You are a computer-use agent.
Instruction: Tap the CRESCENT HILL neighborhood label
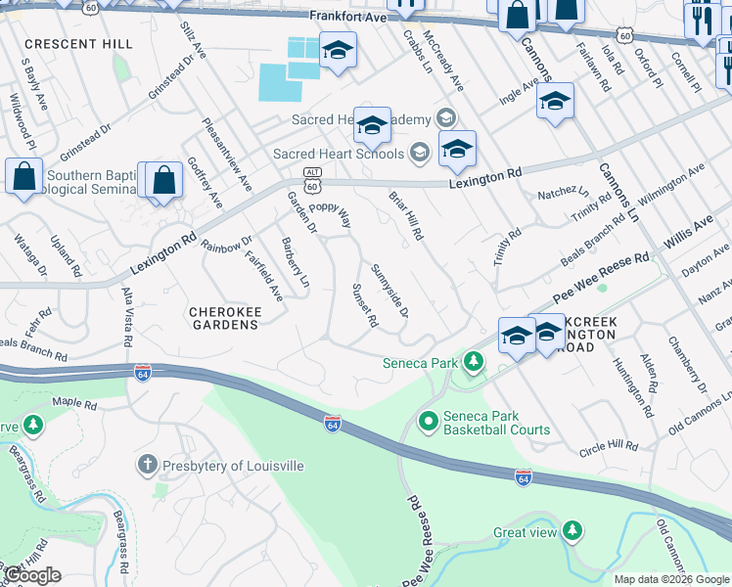click(78, 44)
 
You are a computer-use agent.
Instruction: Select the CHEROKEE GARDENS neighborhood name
click(224, 318)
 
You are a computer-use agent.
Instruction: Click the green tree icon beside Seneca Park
click(475, 363)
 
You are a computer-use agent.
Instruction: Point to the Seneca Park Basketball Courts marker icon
click(428, 422)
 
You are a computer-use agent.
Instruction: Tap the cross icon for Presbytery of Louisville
click(147, 465)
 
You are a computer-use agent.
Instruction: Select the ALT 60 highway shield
click(312, 178)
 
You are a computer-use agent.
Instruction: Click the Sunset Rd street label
click(364, 306)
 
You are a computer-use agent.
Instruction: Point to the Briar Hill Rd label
click(405, 215)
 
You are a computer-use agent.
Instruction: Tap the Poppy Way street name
click(330, 216)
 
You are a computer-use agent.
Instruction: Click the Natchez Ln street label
click(564, 194)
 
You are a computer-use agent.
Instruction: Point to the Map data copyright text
click(671, 579)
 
